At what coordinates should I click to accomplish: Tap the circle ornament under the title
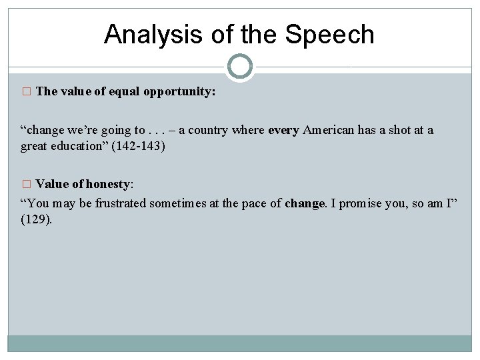pyautogui.click(x=240, y=67)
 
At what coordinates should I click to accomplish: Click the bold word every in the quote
pyautogui.click(x=283, y=130)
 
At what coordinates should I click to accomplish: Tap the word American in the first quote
pyautogui.click(x=329, y=130)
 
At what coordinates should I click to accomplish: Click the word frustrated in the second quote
pyautogui.click(x=124, y=203)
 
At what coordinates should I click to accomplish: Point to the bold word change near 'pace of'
pyautogui.click(x=304, y=203)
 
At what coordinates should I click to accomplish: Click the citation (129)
pyautogui.click(x=36, y=219)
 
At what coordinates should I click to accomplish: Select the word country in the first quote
pyautogui.click(x=206, y=130)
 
